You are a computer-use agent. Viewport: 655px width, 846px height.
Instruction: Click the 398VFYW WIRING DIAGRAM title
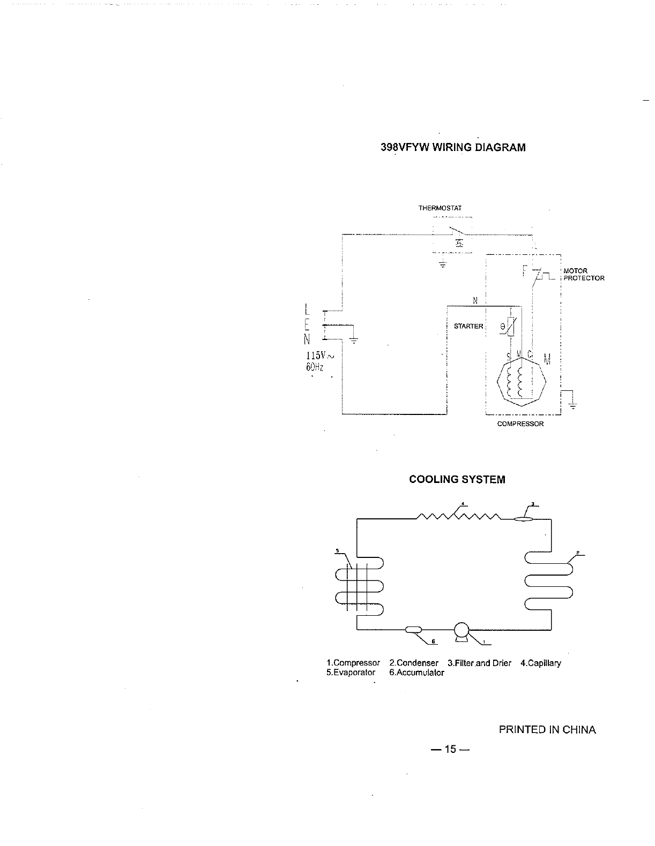click(453, 147)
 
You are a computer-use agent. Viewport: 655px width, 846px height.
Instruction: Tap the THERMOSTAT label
click(440, 208)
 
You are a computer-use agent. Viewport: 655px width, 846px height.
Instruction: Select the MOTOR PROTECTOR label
click(583, 275)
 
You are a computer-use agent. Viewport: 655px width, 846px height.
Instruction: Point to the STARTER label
click(468, 326)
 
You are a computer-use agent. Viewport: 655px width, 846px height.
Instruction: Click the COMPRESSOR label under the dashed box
click(520, 424)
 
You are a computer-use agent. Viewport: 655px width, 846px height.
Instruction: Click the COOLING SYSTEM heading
click(457, 480)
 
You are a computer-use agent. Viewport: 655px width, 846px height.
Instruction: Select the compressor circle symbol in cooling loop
click(461, 631)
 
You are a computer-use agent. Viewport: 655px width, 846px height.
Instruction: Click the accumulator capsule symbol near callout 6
click(414, 630)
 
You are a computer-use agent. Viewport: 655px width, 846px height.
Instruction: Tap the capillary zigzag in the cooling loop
click(458, 516)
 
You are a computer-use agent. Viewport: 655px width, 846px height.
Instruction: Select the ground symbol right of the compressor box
click(572, 403)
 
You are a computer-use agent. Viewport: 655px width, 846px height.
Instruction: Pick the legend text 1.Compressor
click(353, 663)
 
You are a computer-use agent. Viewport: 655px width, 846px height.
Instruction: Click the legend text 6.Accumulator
click(416, 673)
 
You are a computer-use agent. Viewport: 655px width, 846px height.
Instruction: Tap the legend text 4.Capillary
click(540, 663)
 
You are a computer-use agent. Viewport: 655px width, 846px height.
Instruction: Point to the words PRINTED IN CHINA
click(547, 730)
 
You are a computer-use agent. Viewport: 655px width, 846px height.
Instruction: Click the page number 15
click(449, 749)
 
